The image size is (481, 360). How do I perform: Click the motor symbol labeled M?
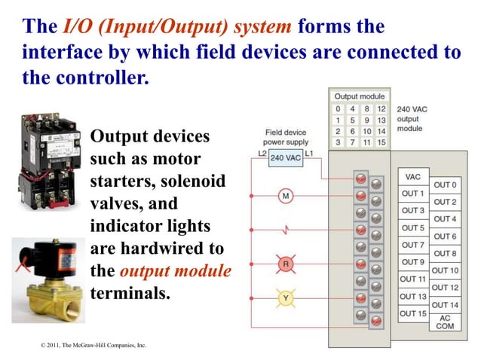click(x=286, y=197)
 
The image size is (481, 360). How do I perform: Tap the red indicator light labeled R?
click(x=286, y=264)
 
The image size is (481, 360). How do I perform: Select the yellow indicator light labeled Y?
click(x=286, y=297)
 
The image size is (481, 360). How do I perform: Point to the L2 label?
click(x=262, y=154)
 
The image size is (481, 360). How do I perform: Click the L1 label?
click(x=309, y=154)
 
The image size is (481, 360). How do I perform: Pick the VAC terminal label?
click(x=413, y=177)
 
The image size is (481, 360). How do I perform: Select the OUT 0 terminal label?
click(x=444, y=185)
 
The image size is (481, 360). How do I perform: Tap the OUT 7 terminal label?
click(x=413, y=245)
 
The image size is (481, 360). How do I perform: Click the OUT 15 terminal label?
click(x=413, y=313)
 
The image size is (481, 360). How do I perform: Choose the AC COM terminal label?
click(x=444, y=322)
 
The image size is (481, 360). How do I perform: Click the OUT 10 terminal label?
click(x=444, y=270)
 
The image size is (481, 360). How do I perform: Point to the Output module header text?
click(x=360, y=96)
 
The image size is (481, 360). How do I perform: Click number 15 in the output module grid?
click(x=381, y=142)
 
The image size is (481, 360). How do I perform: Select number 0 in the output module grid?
click(x=339, y=108)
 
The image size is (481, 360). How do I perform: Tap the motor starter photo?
click(x=47, y=159)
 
